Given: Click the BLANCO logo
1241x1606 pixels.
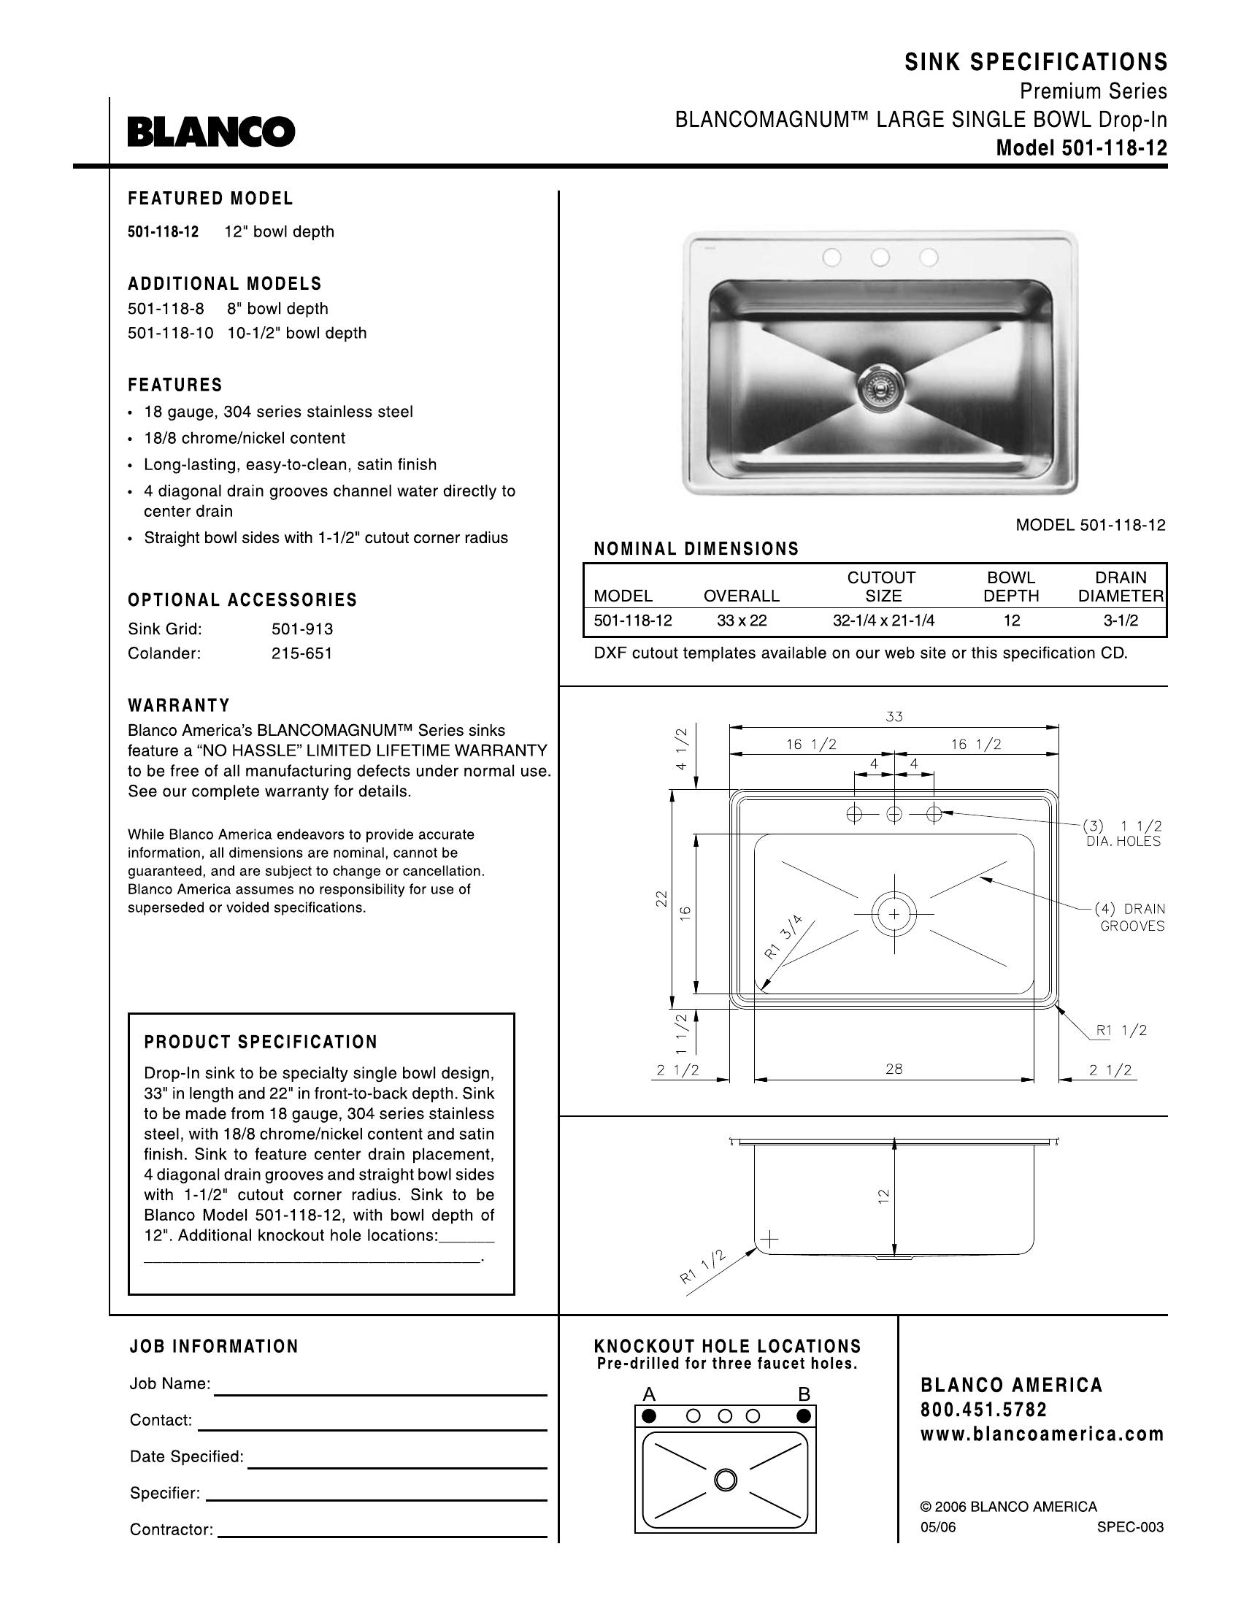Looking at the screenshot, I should (211, 131).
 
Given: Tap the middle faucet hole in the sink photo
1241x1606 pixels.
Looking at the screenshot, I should (880, 258).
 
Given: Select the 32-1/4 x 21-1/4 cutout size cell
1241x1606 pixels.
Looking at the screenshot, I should (883, 620).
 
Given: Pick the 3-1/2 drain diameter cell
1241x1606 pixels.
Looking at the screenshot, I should (1121, 620).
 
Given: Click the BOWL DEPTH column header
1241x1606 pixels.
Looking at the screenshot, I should (1011, 587).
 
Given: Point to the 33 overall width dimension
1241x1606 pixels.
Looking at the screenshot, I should (894, 716).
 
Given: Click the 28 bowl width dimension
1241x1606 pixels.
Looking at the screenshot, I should (894, 1069).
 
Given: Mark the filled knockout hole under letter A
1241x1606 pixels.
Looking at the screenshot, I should (648, 1415).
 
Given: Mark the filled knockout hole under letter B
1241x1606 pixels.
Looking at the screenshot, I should (804, 1415).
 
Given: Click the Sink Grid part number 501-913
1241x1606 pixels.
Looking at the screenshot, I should (302, 629).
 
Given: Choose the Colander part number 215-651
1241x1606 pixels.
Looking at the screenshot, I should (302, 654).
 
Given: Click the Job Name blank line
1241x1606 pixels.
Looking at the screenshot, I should (380, 1393).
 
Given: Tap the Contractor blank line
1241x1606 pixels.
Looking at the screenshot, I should (383, 1535).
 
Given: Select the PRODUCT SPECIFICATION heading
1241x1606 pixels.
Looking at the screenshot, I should (261, 1042).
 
